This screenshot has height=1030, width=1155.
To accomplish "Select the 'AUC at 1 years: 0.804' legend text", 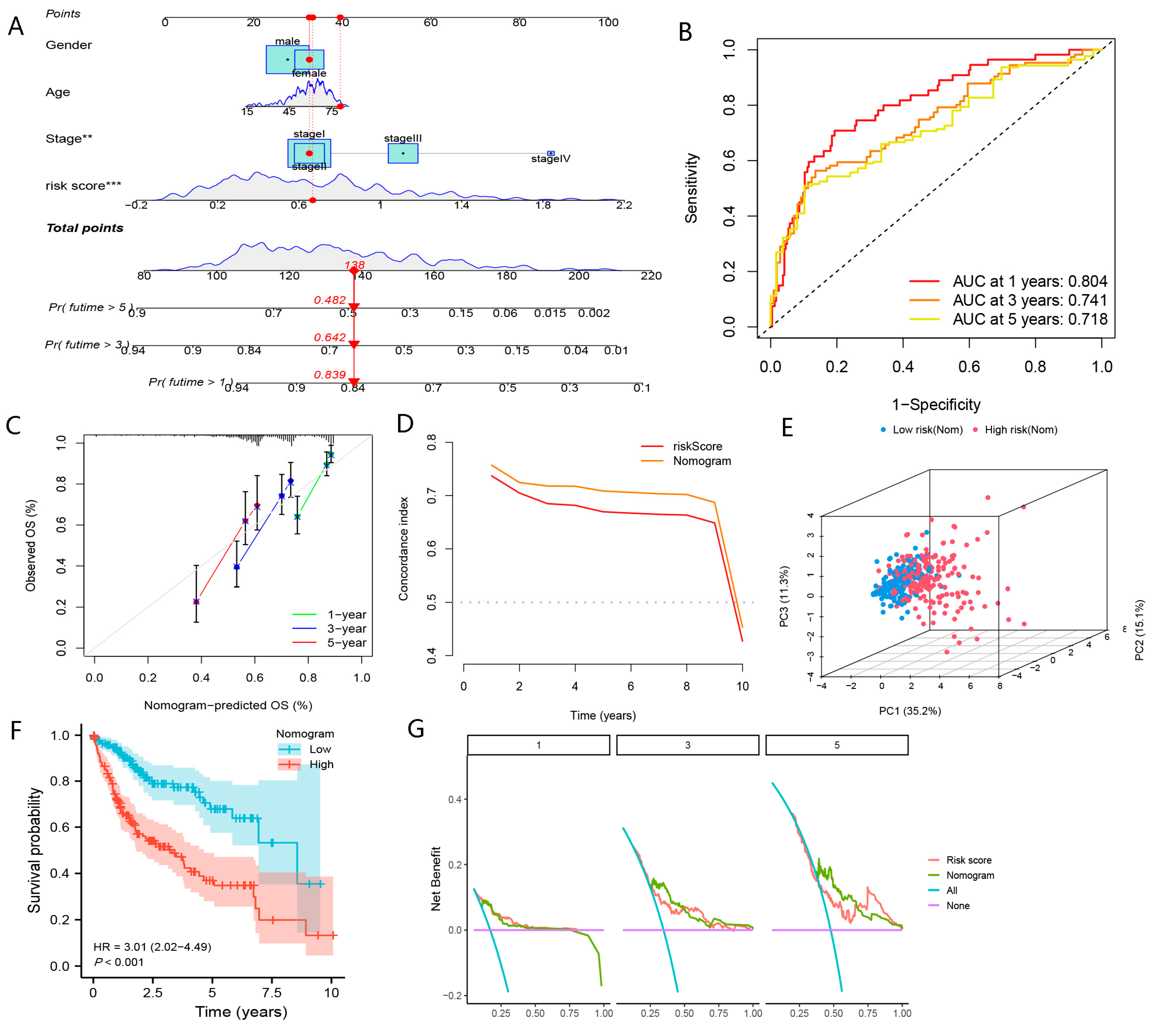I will point(1029,281).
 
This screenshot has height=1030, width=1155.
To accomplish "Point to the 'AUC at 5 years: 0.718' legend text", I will point(1029,319).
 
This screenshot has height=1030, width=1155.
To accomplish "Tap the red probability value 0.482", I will point(330,300).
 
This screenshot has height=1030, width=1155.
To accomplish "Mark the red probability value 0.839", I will point(330,375).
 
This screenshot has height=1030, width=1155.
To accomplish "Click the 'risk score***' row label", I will point(83,186).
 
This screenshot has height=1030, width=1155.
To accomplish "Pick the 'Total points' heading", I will point(85,228).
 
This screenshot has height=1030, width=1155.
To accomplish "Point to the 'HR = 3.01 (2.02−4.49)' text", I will point(152,947).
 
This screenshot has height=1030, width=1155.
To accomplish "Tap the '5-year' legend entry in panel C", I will point(346,643).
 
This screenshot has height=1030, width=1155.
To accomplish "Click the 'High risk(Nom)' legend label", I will point(1020,429).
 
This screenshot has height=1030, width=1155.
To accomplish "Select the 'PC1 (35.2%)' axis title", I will point(909,711).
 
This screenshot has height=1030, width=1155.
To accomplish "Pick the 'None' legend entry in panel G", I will point(957,905).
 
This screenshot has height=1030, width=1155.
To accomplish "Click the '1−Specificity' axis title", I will point(936,405).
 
